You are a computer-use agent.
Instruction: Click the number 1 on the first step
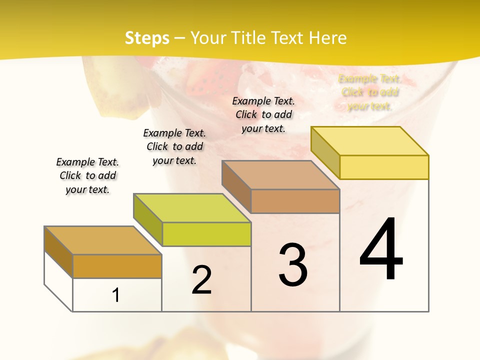click(116, 295)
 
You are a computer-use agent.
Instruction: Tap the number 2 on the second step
click(201, 280)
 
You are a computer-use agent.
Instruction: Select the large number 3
click(293, 265)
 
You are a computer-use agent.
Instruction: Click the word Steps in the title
click(147, 38)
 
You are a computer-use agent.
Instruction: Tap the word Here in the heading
click(328, 38)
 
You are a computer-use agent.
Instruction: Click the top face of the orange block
click(103, 240)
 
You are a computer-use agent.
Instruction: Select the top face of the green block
click(192, 208)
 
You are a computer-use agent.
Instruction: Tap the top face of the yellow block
click(370, 141)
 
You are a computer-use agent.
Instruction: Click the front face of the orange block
click(117, 266)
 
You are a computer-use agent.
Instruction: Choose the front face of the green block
click(206, 234)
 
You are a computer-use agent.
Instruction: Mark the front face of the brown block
click(295, 201)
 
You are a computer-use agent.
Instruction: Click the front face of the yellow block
click(384, 167)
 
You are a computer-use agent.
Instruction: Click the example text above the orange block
click(87, 175)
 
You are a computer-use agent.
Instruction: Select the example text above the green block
click(174, 146)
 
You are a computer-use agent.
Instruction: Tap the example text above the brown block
click(263, 114)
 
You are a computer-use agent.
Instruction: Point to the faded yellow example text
click(370, 92)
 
